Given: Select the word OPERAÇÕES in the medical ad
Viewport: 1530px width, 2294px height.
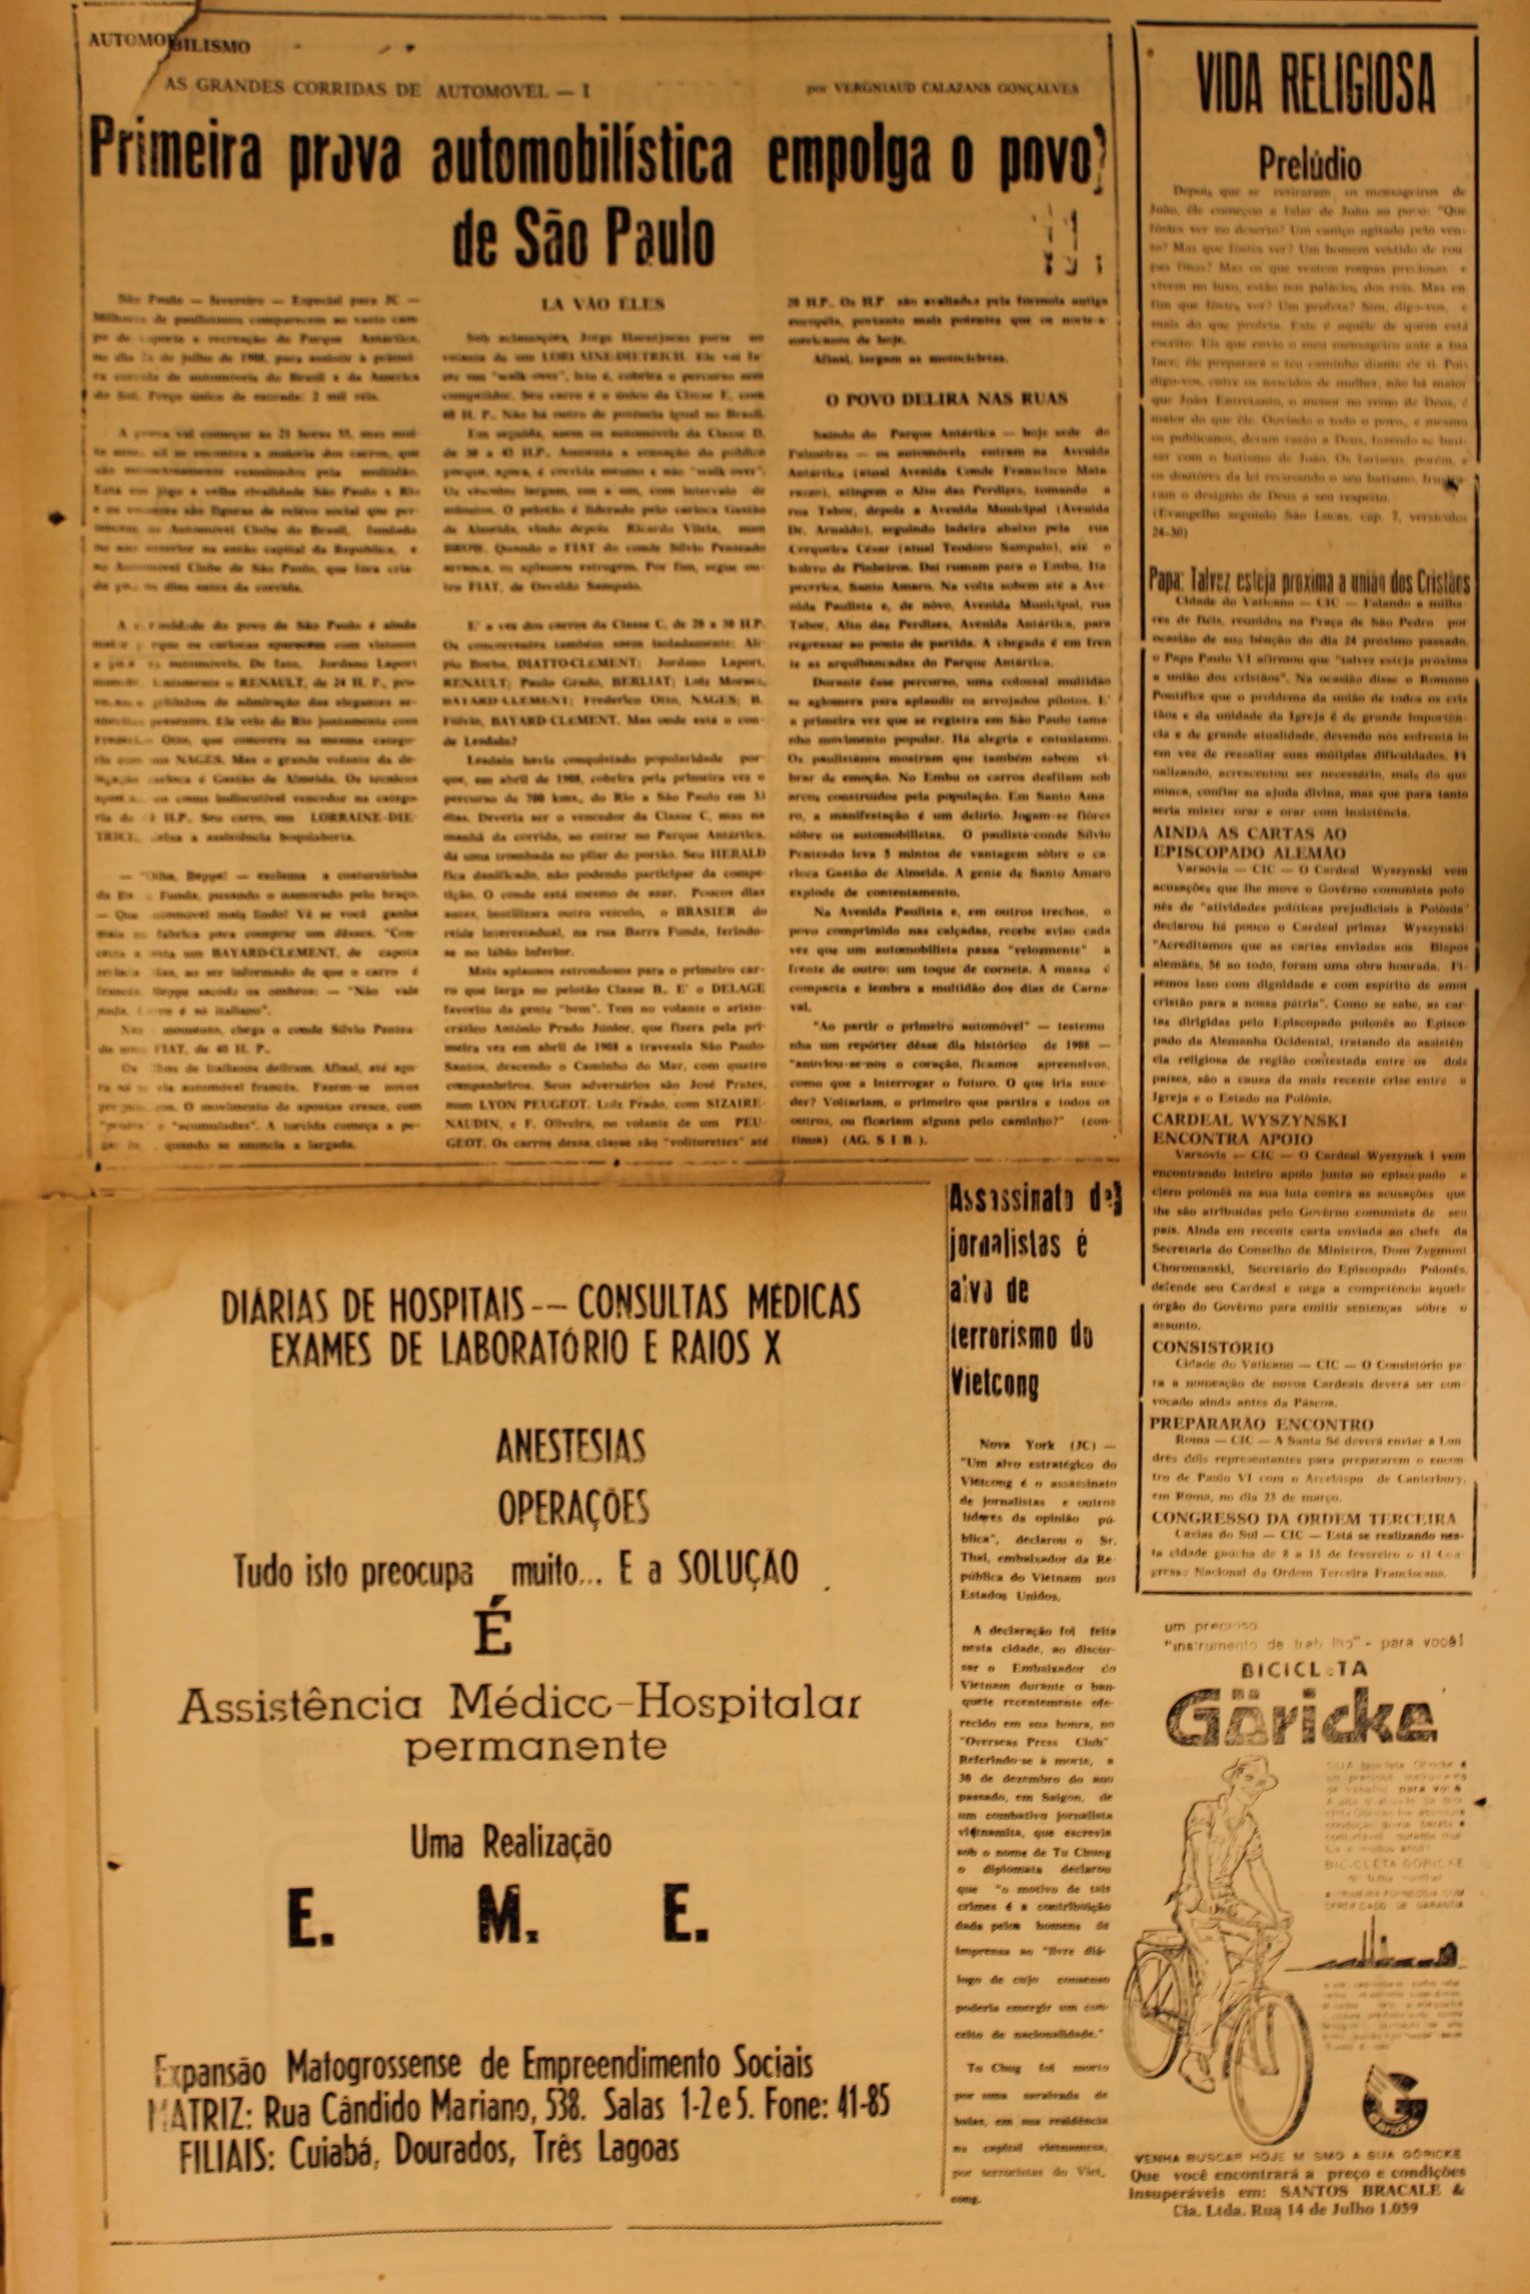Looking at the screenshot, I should tap(573, 1508).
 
